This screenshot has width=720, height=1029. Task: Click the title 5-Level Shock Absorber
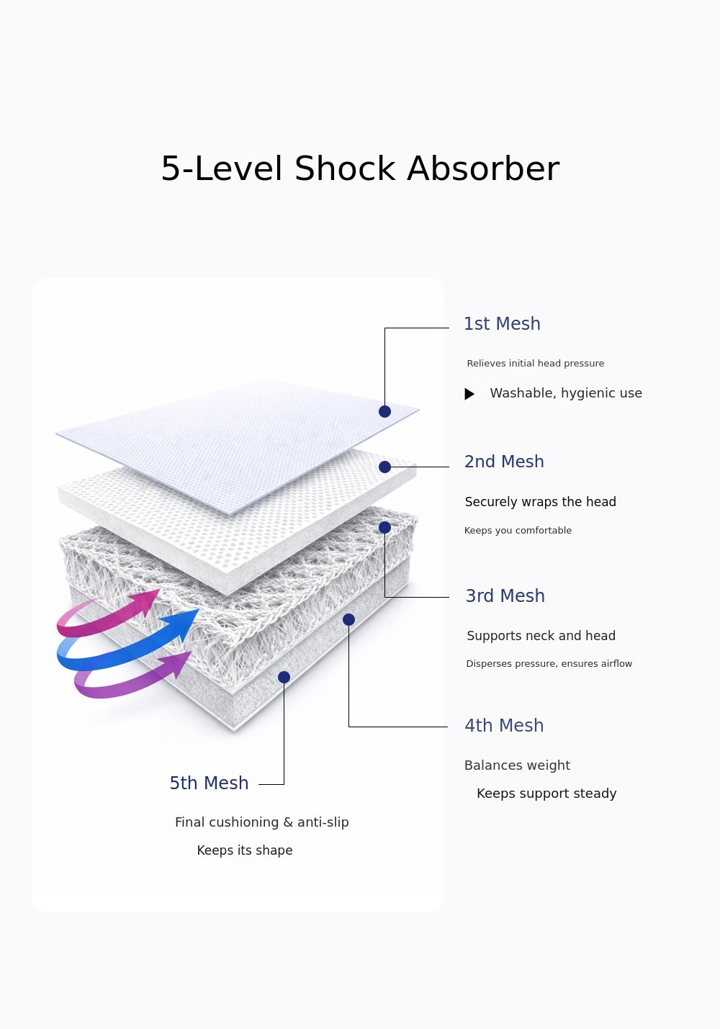360,168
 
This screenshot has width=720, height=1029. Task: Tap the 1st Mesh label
502,324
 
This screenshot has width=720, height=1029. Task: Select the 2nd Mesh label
504,462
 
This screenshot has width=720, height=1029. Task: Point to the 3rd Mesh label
505,596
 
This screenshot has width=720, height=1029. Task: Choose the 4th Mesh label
504,726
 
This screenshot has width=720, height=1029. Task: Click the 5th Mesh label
209,783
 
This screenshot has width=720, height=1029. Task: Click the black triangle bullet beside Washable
469,394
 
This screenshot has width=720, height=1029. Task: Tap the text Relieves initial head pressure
536,364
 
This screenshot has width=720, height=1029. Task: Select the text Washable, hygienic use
566,393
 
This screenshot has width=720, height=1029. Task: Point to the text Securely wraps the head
541,502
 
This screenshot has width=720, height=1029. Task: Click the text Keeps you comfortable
518,531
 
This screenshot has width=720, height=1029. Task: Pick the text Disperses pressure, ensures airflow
549,664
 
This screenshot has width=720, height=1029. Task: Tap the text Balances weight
517,765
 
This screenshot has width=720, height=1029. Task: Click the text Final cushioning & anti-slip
262,822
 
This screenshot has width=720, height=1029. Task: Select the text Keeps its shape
245,850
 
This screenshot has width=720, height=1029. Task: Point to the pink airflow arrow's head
146,601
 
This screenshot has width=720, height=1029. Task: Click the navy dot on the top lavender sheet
384,412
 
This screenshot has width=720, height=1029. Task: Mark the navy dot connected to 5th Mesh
284,677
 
